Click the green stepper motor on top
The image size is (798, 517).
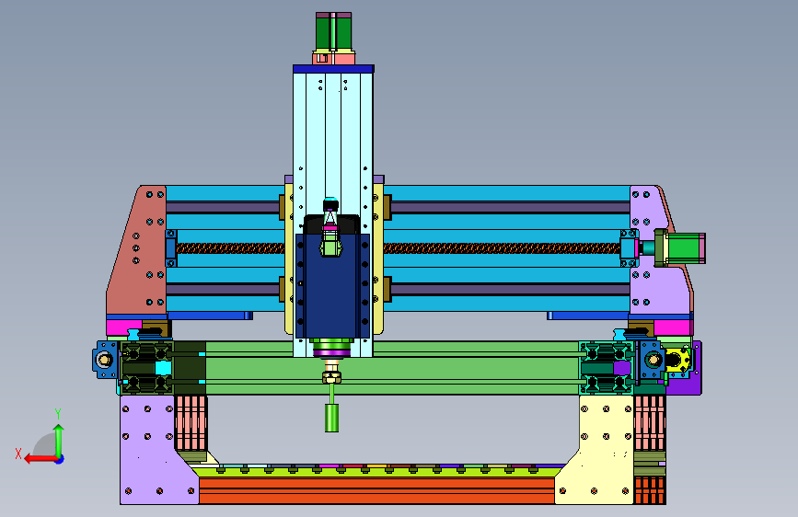coord(333,31)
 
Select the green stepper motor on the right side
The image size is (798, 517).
coord(685,247)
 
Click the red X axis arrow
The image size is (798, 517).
coord(40,459)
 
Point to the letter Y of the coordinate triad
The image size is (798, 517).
coord(58,413)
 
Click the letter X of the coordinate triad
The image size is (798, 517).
coord(18,454)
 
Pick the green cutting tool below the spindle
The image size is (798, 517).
coord(332,418)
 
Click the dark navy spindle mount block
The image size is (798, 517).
coord(332,285)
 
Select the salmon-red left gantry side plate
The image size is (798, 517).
coord(136,252)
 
